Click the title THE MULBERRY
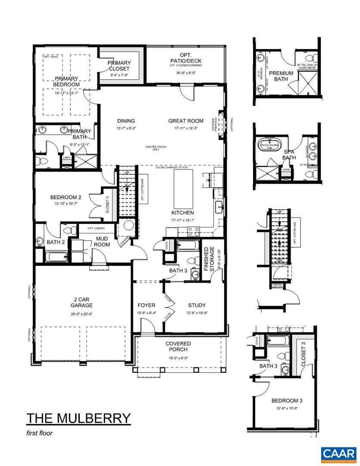78,418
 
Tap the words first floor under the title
39,433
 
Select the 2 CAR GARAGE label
82,303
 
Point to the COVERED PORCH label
178,346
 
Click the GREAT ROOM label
185,121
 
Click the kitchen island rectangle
182,189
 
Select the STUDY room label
197,305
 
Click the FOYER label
146,305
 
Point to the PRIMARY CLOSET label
119,66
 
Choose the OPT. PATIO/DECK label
186,57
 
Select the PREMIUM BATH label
281,76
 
